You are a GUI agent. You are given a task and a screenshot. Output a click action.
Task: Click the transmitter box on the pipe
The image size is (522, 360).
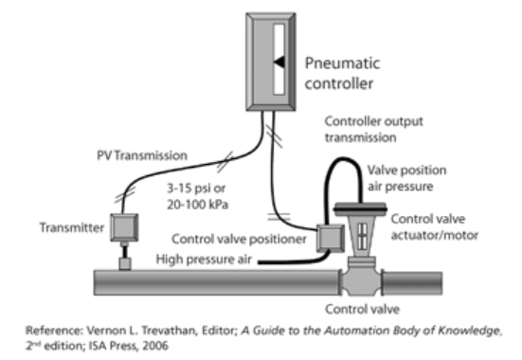coord(123,227)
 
